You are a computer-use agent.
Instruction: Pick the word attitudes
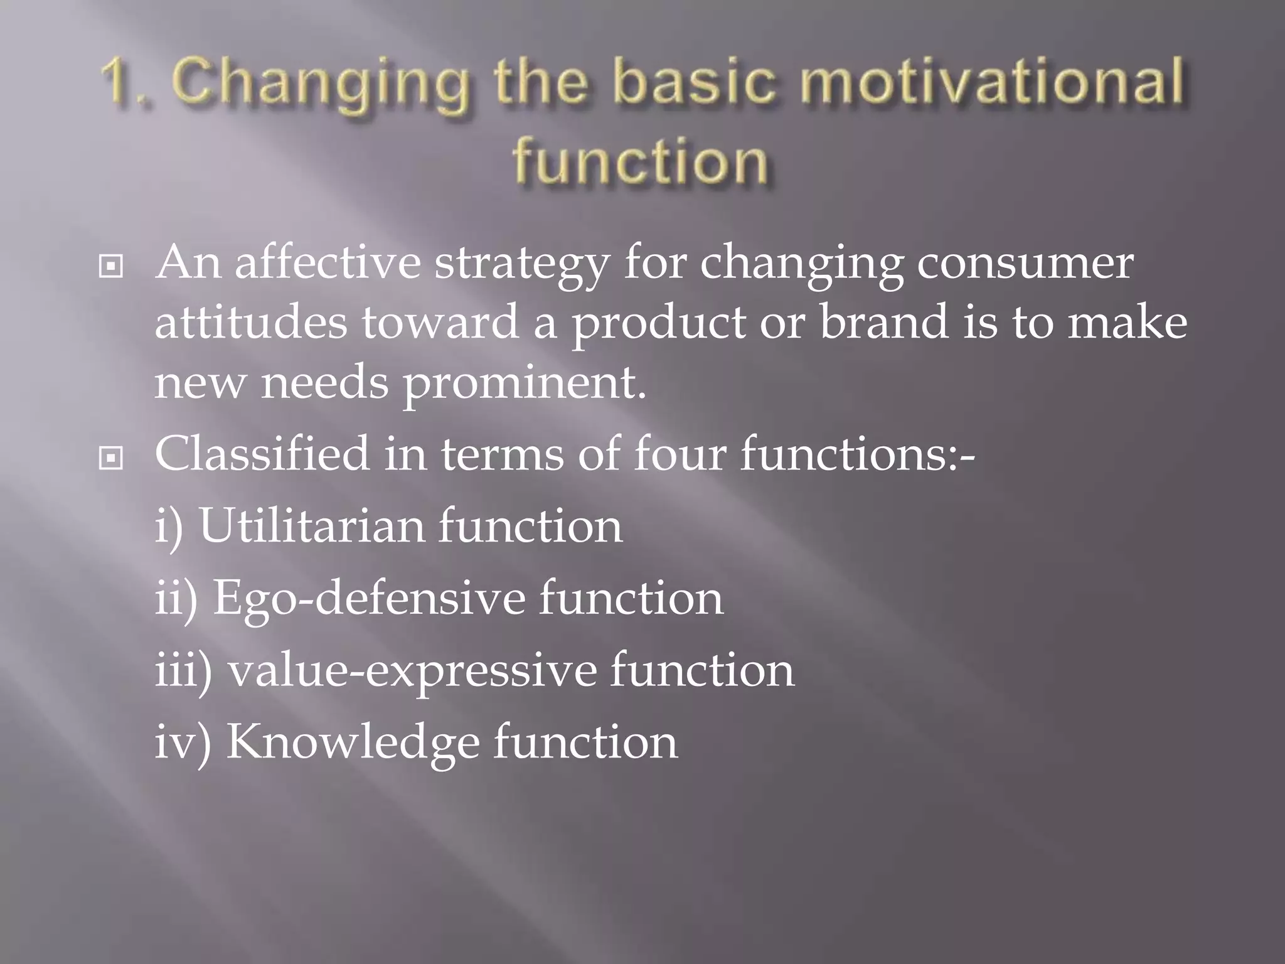(x=250, y=323)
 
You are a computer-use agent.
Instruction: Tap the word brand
(x=884, y=323)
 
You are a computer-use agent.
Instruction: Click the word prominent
(x=524, y=385)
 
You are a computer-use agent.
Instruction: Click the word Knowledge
(x=352, y=743)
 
